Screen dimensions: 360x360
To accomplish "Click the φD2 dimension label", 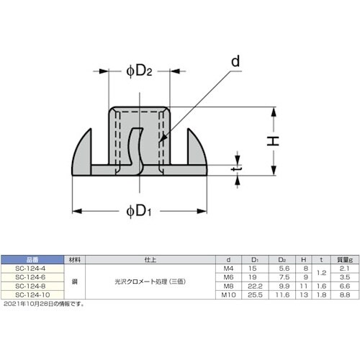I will [x=139, y=71].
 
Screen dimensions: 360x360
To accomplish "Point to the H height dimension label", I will [x=273, y=142].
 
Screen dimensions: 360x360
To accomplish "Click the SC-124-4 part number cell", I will [x=32, y=266].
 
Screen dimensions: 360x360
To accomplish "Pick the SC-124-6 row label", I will [x=32, y=276].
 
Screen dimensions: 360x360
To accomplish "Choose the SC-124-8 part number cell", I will [x=32, y=285].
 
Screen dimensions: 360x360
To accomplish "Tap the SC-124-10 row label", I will [x=32, y=294].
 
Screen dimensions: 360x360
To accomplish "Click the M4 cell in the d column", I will [x=229, y=266].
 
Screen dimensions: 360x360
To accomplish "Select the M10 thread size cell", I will [x=229, y=294].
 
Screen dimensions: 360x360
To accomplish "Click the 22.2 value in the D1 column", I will [x=253, y=285].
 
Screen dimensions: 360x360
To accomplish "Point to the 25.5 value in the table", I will [x=253, y=294].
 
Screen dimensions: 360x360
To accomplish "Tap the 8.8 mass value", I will [x=344, y=294].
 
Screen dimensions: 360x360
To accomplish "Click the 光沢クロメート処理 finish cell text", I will [x=141, y=281].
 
